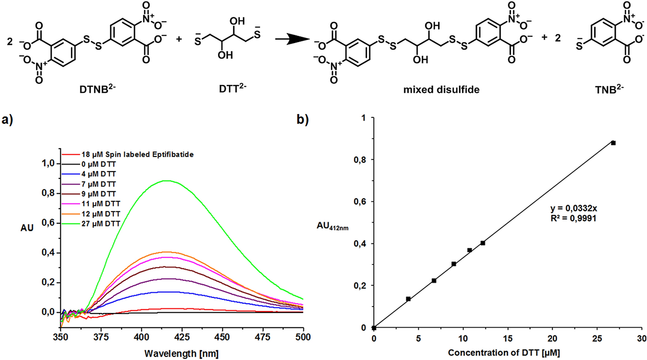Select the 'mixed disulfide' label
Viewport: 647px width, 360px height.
click(441, 90)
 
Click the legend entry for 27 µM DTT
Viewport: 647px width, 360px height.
click(101, 224)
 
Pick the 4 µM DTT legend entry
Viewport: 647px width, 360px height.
click(98, 174)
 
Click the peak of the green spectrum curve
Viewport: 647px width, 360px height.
click(166, 181)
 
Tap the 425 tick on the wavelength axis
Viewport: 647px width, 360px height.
click(182, 337)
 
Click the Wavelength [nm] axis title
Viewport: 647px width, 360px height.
click(181, 353)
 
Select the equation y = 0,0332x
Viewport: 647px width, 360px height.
click(574, 209)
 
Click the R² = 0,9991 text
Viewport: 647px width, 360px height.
click(574, 219)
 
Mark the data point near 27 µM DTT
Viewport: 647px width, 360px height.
click(613, 143)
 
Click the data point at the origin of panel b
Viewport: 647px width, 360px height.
click(374, 328)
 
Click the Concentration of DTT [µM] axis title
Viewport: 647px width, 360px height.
click(504, 353)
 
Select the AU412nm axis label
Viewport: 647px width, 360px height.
click(332, 226)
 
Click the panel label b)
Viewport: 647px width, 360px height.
click(302, 120)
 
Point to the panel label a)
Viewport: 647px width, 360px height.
click(7, 120)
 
